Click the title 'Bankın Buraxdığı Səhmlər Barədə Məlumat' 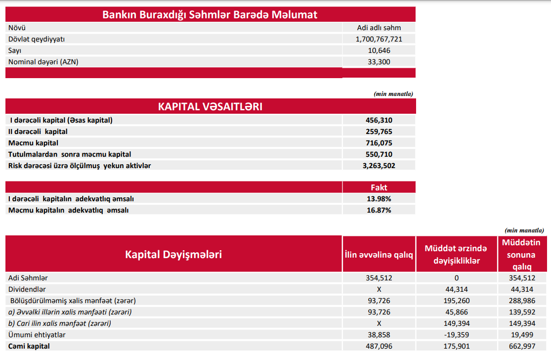[210, 14]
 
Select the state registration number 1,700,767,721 [379, 39]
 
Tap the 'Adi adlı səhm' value [379, 28]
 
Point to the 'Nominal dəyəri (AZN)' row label [43, 62]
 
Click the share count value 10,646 [379, 50]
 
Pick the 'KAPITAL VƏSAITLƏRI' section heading [210, 106]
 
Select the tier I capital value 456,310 [379, 120]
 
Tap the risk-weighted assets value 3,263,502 [379, 166]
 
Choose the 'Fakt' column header [379, 187]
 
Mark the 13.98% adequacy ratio [379, 199]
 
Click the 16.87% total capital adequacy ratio [379, 210]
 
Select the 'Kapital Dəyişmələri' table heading [173, 254]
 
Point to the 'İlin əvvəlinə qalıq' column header [379, 255]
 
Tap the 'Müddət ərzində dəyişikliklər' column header [457, 255]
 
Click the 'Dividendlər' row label [27, 289]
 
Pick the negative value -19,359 [457, 335]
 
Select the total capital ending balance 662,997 [521, 346]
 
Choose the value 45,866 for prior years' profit [457, 312]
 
